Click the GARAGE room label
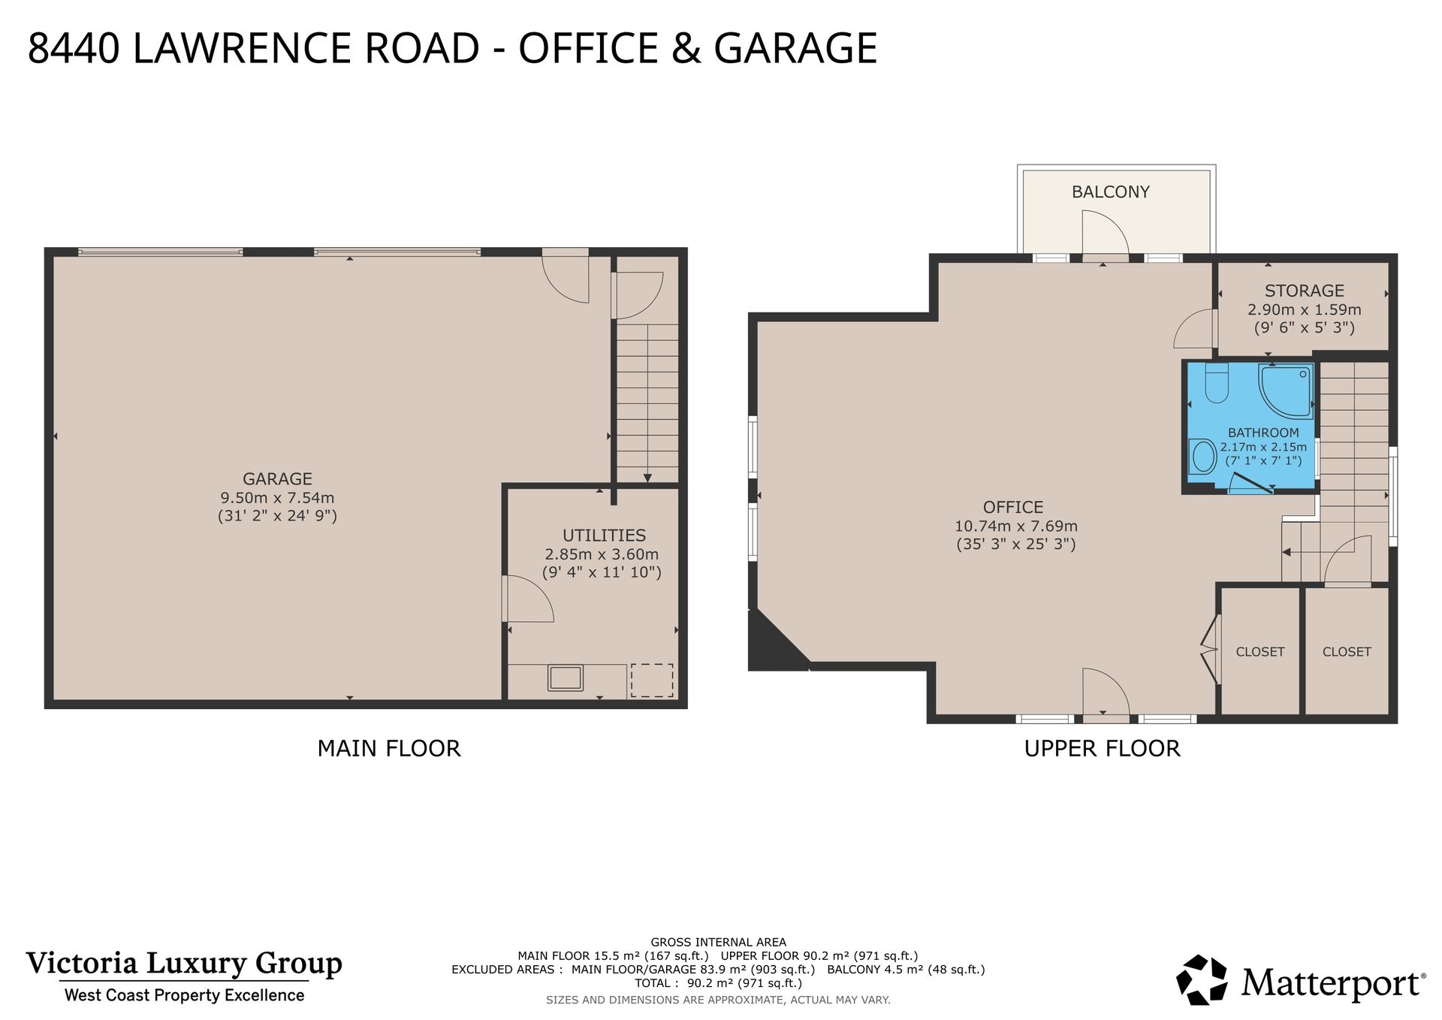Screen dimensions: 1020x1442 (x=277, y=478)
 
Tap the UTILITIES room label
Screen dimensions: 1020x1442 (x=604, y=536)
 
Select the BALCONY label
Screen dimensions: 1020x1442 (x=1110, y=192)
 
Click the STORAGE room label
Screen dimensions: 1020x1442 (x=1304, y=291)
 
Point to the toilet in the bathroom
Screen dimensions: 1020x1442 (x=1216, y=385)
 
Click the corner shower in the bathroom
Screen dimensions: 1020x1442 (x=1287, y=391)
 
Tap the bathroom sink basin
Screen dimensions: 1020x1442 (x=1203, y=457)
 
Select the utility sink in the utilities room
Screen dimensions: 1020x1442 (x=565, y=677)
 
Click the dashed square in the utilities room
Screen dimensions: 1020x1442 (x=651, y=680)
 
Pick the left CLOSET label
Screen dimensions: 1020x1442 (x=1259, y=652)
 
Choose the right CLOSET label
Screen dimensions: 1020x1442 (x=1346, y=652)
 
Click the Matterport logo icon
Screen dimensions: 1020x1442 (x=1202, y=979)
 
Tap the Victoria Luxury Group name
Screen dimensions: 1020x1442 (x=184, y=963)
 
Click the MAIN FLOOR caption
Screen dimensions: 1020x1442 (x=388, y=749)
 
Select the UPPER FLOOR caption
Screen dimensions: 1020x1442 (x=1102, y=749)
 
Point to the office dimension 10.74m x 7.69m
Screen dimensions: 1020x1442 (x=1015, y=527)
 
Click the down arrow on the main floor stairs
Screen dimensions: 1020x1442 (x=647, y=478)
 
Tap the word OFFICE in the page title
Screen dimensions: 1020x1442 (x=588, y=48)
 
